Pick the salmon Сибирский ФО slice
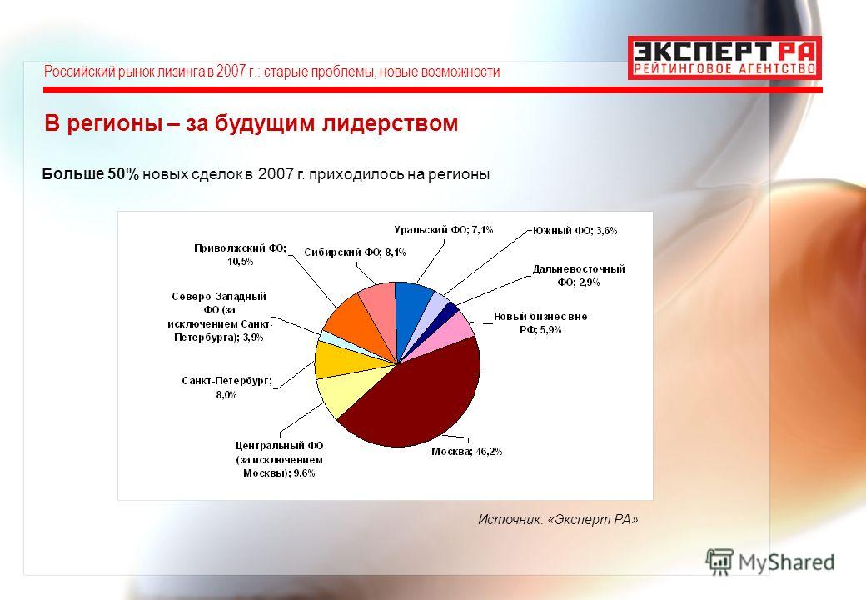381,309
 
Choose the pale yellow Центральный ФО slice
346,393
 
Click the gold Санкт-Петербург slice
340,359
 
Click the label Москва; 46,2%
466,452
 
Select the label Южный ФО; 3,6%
575,230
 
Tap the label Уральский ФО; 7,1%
444,230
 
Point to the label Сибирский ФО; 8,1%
355,252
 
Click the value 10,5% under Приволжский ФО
241,262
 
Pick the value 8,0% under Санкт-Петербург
226,394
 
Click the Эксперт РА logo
724,57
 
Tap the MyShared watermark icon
719,562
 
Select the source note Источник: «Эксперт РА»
558,519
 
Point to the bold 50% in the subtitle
123,174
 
